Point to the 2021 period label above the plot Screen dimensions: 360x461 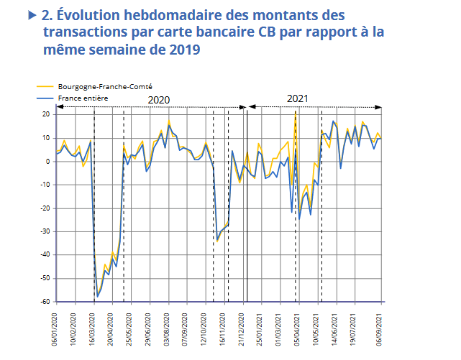(x=298, y=98)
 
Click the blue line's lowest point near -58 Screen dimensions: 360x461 (x=97, y=296)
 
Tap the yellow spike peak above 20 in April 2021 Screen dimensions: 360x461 (x=296, y=112)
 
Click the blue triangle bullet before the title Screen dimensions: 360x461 (x=32, y=14)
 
